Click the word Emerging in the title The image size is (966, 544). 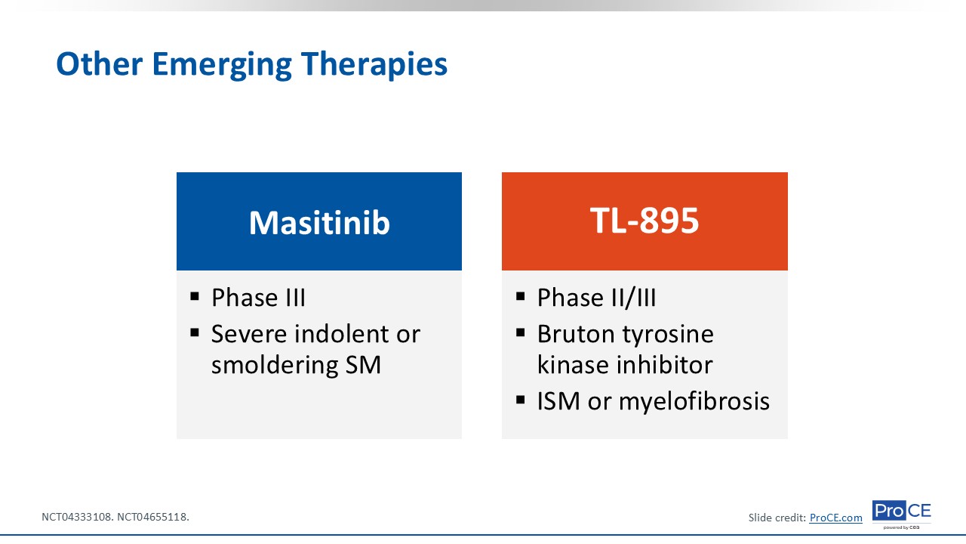(x=222, y=65)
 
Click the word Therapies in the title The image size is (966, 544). (x=374, y=65)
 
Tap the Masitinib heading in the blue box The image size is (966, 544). (x=319, y=223)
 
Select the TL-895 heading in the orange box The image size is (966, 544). (x=645, y=221)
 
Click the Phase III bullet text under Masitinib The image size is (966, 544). (x=258, y=298)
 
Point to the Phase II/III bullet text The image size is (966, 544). (x=596, y=298)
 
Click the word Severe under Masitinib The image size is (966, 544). (x=248, y=334)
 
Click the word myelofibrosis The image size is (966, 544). (x=694, y=401)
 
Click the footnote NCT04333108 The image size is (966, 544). (x=78, y=517)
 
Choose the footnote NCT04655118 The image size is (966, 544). (x=153, y=517)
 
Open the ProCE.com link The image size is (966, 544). (x=835, y=518)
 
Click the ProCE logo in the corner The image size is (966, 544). (x=901, y=514)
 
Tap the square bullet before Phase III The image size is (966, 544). (x=195, y=296)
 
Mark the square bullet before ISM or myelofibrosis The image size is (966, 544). (x=520, y=400)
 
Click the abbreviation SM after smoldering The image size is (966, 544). (x=363, y=365)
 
